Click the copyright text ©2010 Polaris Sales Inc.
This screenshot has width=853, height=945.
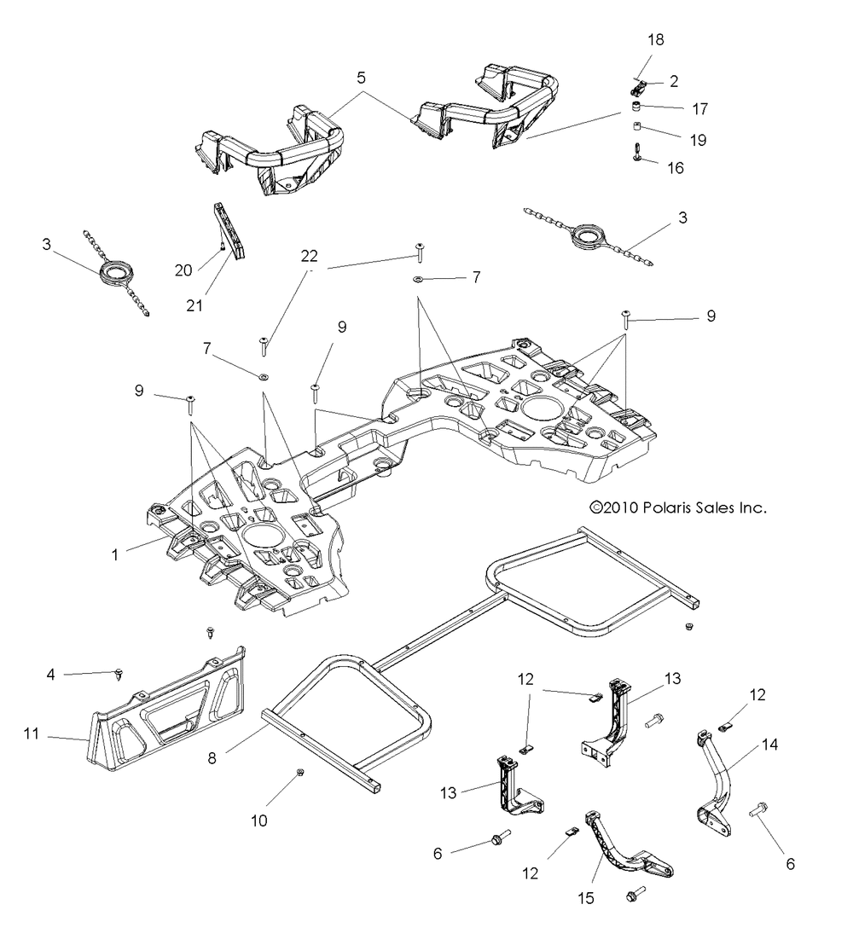click(x=678, y=507)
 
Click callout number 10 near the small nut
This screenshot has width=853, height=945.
click(x=258, y=821)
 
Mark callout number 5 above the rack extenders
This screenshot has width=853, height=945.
click(x=362, y=78)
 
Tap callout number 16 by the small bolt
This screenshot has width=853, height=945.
click(x=675, y=168)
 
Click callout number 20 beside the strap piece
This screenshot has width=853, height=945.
click(x=183, y=270)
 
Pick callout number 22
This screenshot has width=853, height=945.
click(x=309, y=256)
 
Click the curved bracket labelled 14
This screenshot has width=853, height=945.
click(x=721, y=789)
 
